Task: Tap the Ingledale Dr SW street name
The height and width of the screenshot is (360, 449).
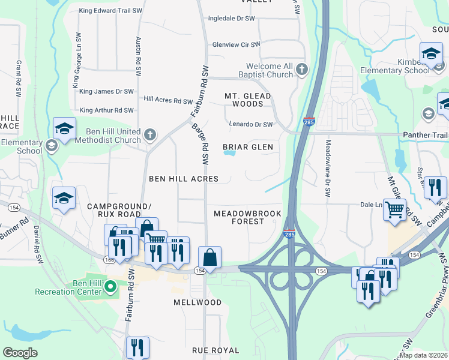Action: tap(232, 19)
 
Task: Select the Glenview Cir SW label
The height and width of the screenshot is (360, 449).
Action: tap(237, 44)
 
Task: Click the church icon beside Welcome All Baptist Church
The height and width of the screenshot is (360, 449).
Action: tap(301, 70)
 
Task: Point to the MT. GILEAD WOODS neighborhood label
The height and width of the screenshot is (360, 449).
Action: tap(248, 100)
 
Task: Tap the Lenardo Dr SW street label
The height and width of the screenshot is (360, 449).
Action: tap(251, 124)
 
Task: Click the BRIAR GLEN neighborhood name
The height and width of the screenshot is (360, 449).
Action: tap(248, 147)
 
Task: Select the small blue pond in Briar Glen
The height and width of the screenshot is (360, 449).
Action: tap(229, 152)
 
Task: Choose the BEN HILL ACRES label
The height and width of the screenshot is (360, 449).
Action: tap(184, 179)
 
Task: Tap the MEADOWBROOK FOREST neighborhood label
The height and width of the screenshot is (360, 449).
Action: tap(248, 217)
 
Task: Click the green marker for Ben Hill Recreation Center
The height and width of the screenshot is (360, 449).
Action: tap(109, 287)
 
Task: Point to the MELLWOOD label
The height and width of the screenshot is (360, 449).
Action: tap(197, 302)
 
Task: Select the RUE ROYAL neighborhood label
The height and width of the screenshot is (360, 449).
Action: tap(215, 350)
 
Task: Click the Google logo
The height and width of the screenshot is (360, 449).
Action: tap(20, 352)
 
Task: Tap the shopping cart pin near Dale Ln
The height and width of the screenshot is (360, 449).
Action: tap(394, 210)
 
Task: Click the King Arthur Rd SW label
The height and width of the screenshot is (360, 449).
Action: tap(106, 110)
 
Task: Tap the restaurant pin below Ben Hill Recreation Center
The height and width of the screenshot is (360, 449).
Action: tap(137, 347)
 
